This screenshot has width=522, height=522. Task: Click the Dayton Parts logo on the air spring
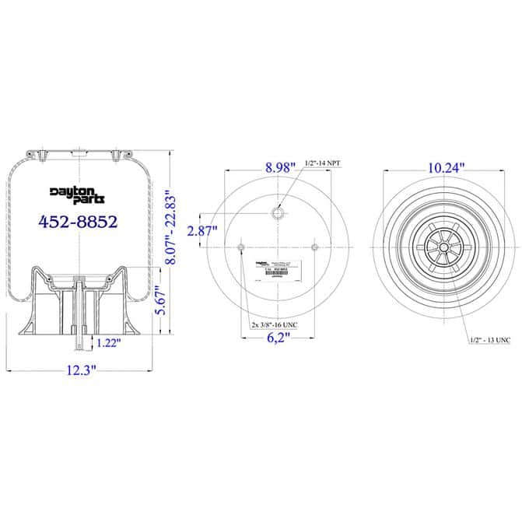coord(77,194)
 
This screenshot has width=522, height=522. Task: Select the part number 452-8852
coord(78,222)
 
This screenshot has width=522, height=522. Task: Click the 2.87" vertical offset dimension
coord(204,230)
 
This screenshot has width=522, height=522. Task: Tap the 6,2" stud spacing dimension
coord(278,338)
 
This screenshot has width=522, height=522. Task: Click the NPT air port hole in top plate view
coord(278,212)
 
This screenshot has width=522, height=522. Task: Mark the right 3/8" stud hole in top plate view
coord(315,247)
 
